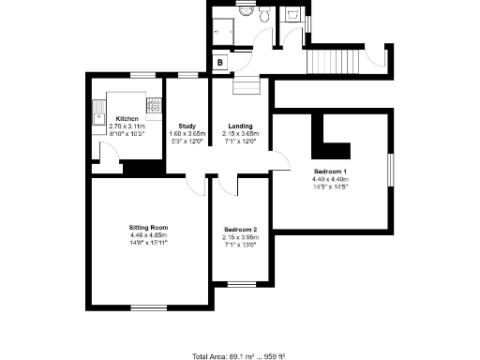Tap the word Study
(x=186, y=125)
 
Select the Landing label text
(x=241, y=125)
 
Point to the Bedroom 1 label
(x=330, y=172)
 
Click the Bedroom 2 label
(x=240, y=229)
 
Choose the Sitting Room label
(x=148, y=228)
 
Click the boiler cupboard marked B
(x=219, y=63)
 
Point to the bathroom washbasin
(x=246, y=13)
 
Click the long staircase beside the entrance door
(x=334, y=63)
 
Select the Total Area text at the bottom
(x=238, y=356)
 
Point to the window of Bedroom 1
(x=391, y=174)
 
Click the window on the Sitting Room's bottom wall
(x=148, y=307)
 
